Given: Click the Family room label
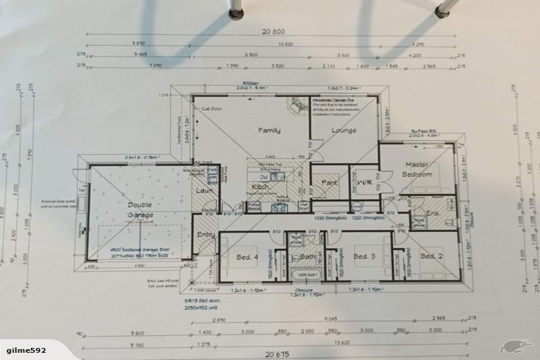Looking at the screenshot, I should coord(269,131).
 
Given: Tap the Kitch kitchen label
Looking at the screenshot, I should coord(260,187).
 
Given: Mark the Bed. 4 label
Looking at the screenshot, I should coord(246,257).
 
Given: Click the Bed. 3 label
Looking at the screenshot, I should coord(364,256).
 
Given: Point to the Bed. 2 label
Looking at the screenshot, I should coord(430,257).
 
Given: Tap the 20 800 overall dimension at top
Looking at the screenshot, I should coord(273,32).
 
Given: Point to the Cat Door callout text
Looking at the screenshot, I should coord(212,109).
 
